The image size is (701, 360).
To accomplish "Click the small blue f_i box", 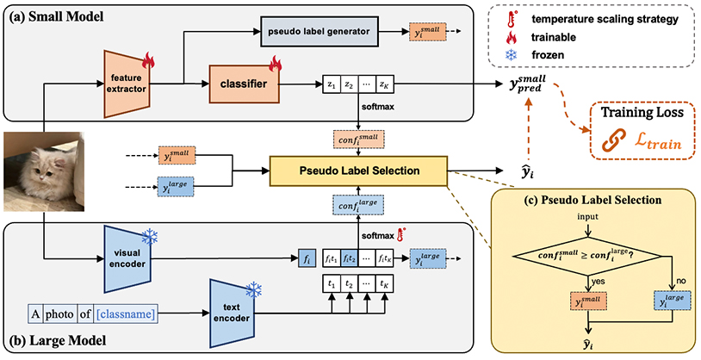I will tap(307, 257).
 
